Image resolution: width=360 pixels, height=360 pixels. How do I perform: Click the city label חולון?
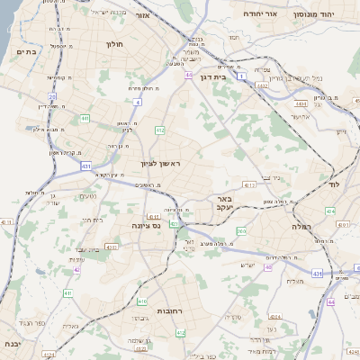(x=114, y=43)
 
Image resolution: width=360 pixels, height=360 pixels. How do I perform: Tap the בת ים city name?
(x=25, y=52)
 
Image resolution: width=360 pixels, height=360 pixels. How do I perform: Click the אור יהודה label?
(x=261, y=15)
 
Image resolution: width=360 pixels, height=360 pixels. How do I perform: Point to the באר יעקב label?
(x=221, y=202)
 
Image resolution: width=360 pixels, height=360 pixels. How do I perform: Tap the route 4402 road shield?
(x=262, y=85)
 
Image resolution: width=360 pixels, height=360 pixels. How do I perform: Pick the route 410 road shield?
(x=142, y=301)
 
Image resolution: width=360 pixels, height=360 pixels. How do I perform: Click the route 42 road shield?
(x=77, y=269)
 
